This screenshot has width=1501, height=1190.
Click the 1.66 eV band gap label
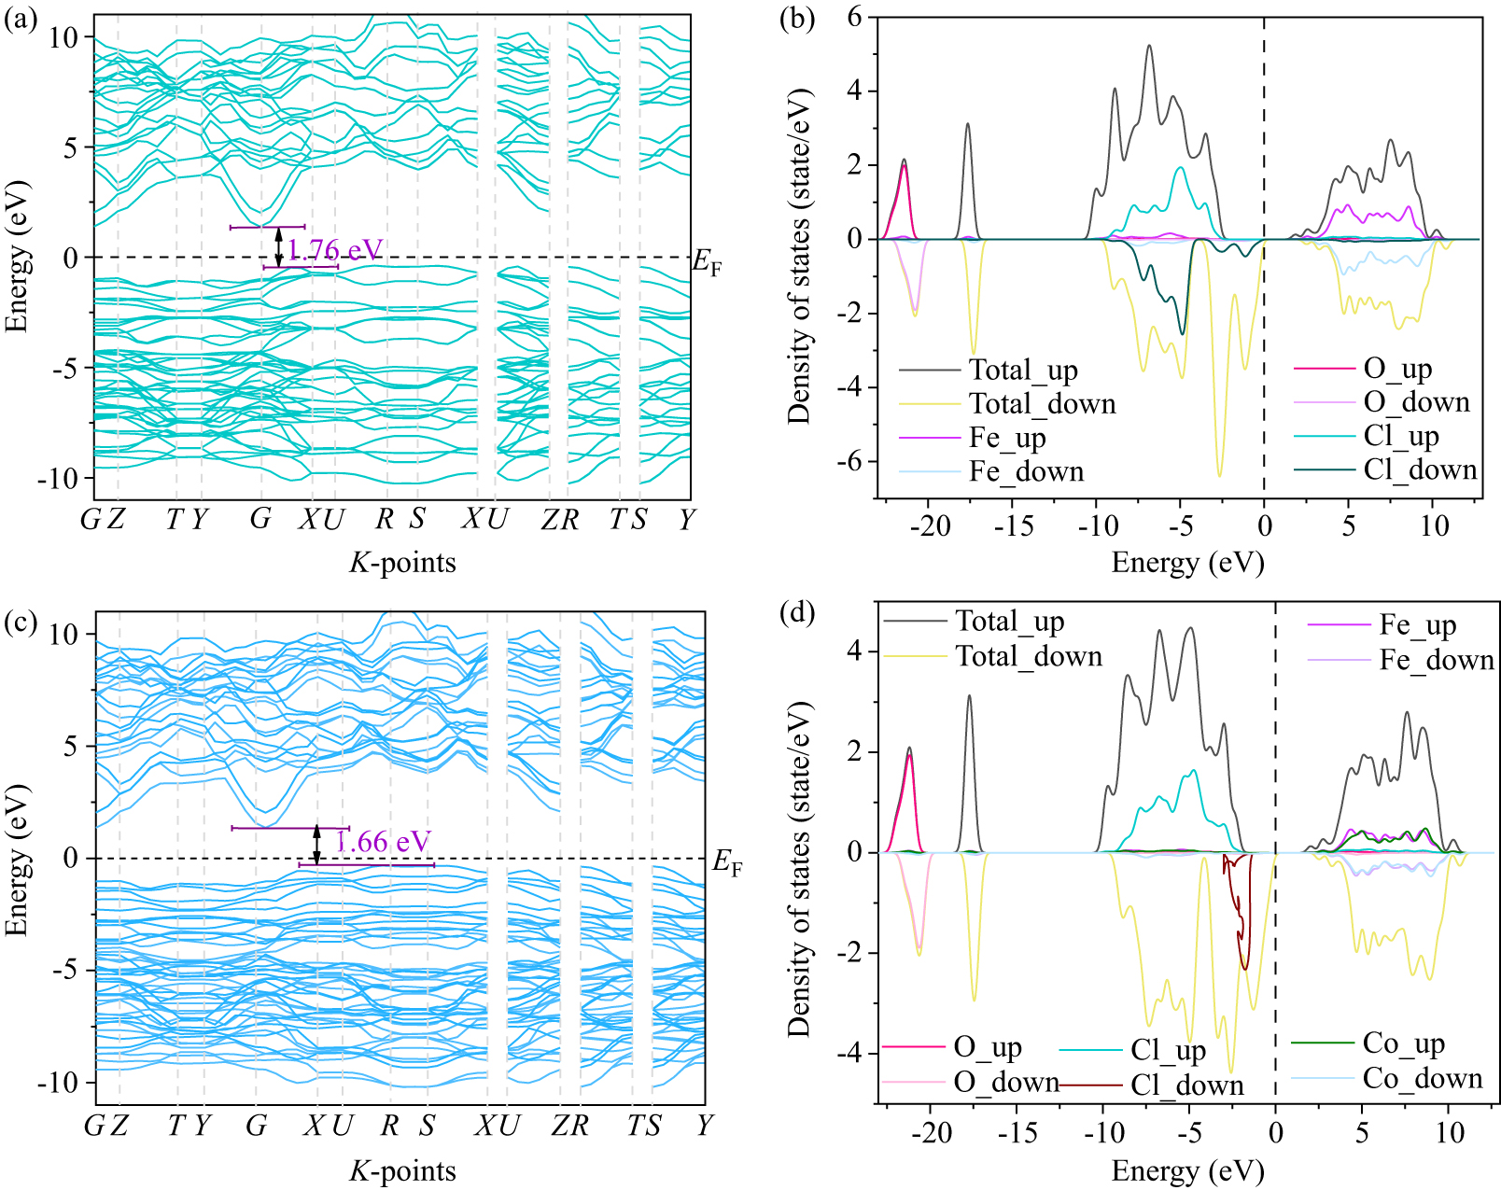(383, 842)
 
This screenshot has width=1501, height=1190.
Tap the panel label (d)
(801, 613)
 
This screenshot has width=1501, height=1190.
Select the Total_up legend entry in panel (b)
(1023, 371)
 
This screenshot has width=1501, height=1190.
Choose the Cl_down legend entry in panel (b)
(1420, 469)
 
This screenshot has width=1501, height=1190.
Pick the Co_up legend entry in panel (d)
(1403, 1043)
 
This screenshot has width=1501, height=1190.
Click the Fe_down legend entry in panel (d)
(1437, 661)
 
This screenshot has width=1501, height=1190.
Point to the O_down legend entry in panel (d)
(1005, 1083)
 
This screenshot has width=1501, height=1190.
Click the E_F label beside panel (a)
(707, 263)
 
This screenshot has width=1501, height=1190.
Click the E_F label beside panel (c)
(727, 862)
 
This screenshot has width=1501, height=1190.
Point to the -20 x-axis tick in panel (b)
(930, 526)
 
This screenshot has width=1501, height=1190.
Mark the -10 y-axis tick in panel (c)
(61, 1083)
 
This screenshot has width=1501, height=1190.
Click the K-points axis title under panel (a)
(402, 563)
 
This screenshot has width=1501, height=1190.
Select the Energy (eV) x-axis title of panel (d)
(1187, 1170)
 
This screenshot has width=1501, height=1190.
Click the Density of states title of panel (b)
(800, 257)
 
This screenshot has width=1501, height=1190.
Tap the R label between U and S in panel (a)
(385, 519)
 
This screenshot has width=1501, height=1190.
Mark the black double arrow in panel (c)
(316, 845)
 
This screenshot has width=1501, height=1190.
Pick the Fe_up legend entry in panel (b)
(1007, 438)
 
